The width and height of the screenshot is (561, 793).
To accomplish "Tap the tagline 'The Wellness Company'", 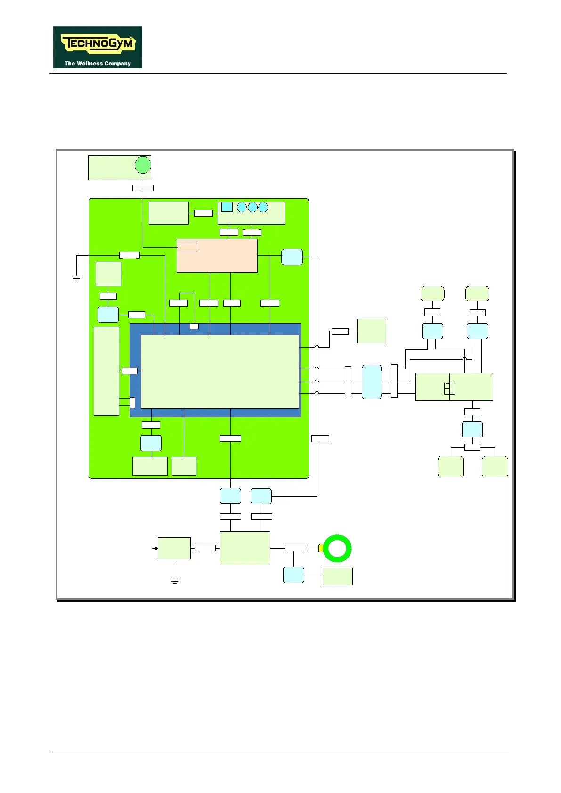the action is pos(98,64).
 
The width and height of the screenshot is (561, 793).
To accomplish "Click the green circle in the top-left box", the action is pos(143,165).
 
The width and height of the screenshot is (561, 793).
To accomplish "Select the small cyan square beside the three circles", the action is pos(227,207).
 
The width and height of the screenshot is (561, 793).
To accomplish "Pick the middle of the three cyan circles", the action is pos(252,207).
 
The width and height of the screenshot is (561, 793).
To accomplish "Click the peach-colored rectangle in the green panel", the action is pos(217,256).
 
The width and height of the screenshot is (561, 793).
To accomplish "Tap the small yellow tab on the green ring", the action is pos(321,548).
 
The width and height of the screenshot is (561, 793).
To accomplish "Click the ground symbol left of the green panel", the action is pos(77,277).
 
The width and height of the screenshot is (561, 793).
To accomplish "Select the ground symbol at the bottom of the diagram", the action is pos(175,581).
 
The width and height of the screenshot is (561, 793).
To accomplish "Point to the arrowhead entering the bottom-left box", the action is pos(155,549).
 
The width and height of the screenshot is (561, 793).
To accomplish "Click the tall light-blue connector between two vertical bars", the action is pos(372,382).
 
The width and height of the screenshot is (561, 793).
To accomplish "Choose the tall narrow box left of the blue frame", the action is pos(106,371).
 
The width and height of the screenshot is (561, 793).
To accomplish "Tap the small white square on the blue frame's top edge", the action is pos(194,326).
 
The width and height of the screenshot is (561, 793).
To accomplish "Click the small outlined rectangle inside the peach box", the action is pos(187,247).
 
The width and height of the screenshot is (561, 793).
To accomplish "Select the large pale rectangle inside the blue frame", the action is pos(220,372).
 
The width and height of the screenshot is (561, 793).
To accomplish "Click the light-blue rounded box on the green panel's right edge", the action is pos(292,257).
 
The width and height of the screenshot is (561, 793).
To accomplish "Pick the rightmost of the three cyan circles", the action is pos(263,207).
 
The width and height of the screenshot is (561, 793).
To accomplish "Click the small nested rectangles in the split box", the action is pos(449,388).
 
